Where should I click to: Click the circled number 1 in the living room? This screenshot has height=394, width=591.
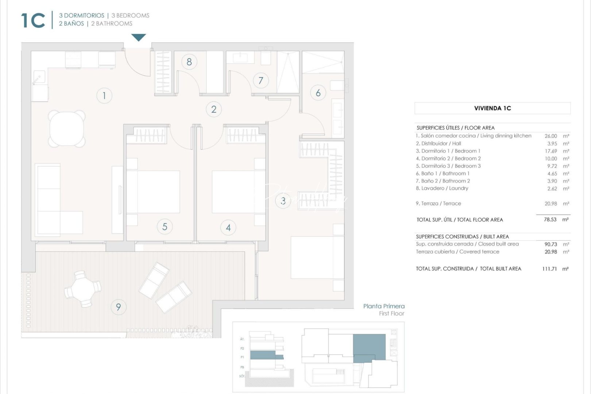[104, 96]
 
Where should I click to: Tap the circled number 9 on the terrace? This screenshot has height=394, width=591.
[119, 307]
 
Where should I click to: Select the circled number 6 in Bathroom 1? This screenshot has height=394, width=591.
[318, 93]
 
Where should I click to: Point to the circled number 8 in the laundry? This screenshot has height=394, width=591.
[189, 62]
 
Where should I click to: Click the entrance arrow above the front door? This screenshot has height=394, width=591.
[139, 37]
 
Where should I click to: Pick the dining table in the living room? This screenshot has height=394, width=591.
[67, 128]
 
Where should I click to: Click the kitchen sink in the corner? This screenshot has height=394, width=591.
[38, 77]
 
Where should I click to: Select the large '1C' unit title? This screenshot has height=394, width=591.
[33, 20]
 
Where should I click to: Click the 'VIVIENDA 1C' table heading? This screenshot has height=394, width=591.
[492, 108]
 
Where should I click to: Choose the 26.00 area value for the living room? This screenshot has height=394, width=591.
[551, 136]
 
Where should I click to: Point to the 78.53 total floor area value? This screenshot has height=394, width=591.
[550, 220]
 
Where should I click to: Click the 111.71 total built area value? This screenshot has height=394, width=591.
[549, 269]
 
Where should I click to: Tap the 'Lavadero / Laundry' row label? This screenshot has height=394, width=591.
[442, 188]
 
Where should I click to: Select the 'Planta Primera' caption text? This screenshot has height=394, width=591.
[384, 306]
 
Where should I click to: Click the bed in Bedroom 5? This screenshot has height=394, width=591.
[153, 192]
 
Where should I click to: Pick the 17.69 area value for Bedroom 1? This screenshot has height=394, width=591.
[551, 151]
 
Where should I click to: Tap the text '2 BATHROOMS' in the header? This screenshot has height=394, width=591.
[112, 24]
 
